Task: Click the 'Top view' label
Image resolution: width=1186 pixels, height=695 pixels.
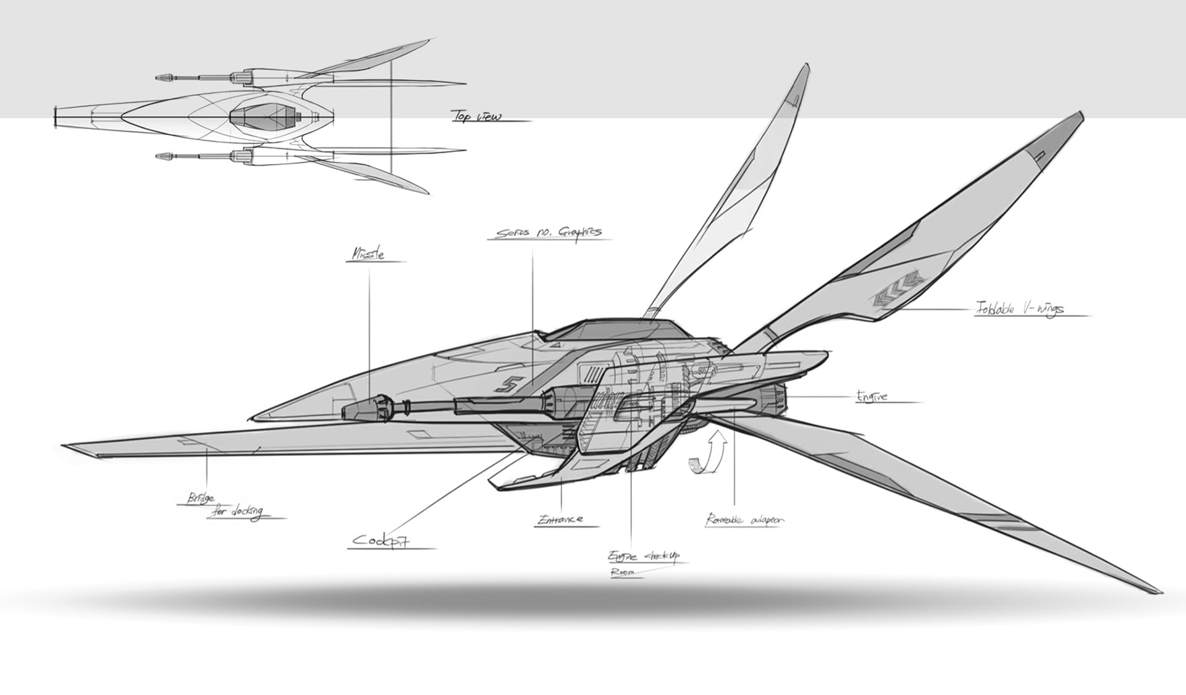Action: [477, 116]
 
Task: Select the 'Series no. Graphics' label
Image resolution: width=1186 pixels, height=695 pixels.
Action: [549, 233]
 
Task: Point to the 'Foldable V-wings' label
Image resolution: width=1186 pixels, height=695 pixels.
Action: [1019, 308]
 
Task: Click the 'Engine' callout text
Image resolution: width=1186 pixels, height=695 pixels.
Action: [872, 396]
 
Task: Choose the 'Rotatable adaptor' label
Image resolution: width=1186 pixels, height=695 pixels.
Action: [744, 520]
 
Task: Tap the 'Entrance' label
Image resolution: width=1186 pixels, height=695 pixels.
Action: [560, 519]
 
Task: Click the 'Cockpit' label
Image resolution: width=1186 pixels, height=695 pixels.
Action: [382, 541]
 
